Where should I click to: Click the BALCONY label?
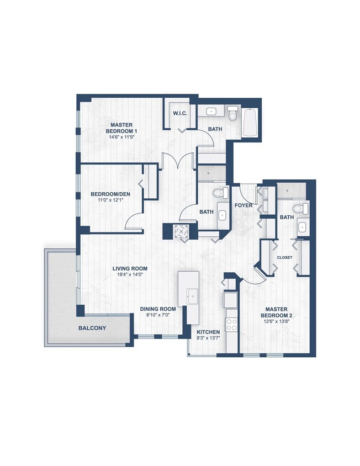92,328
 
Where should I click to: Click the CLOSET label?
284,257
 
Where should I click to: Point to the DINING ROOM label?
158,309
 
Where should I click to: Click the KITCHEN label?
209,332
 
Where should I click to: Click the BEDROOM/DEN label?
109,194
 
